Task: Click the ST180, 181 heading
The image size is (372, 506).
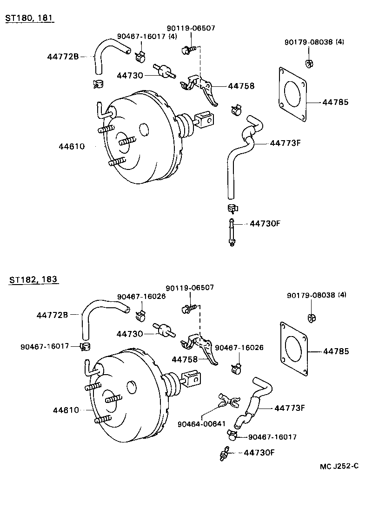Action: (x=29, y=18)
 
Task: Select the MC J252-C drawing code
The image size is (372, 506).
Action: (x=339, y=467)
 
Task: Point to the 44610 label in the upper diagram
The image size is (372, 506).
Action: (x=72, y=146)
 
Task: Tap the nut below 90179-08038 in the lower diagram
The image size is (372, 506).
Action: (x=312, y=318)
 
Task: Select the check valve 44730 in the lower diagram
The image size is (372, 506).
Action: (x=164, y=331)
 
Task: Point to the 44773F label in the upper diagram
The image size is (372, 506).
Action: (x=286, y=143)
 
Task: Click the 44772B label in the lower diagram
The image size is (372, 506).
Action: (x=52, y=315)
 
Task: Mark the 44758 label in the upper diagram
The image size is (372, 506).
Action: (x=241, y=86)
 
